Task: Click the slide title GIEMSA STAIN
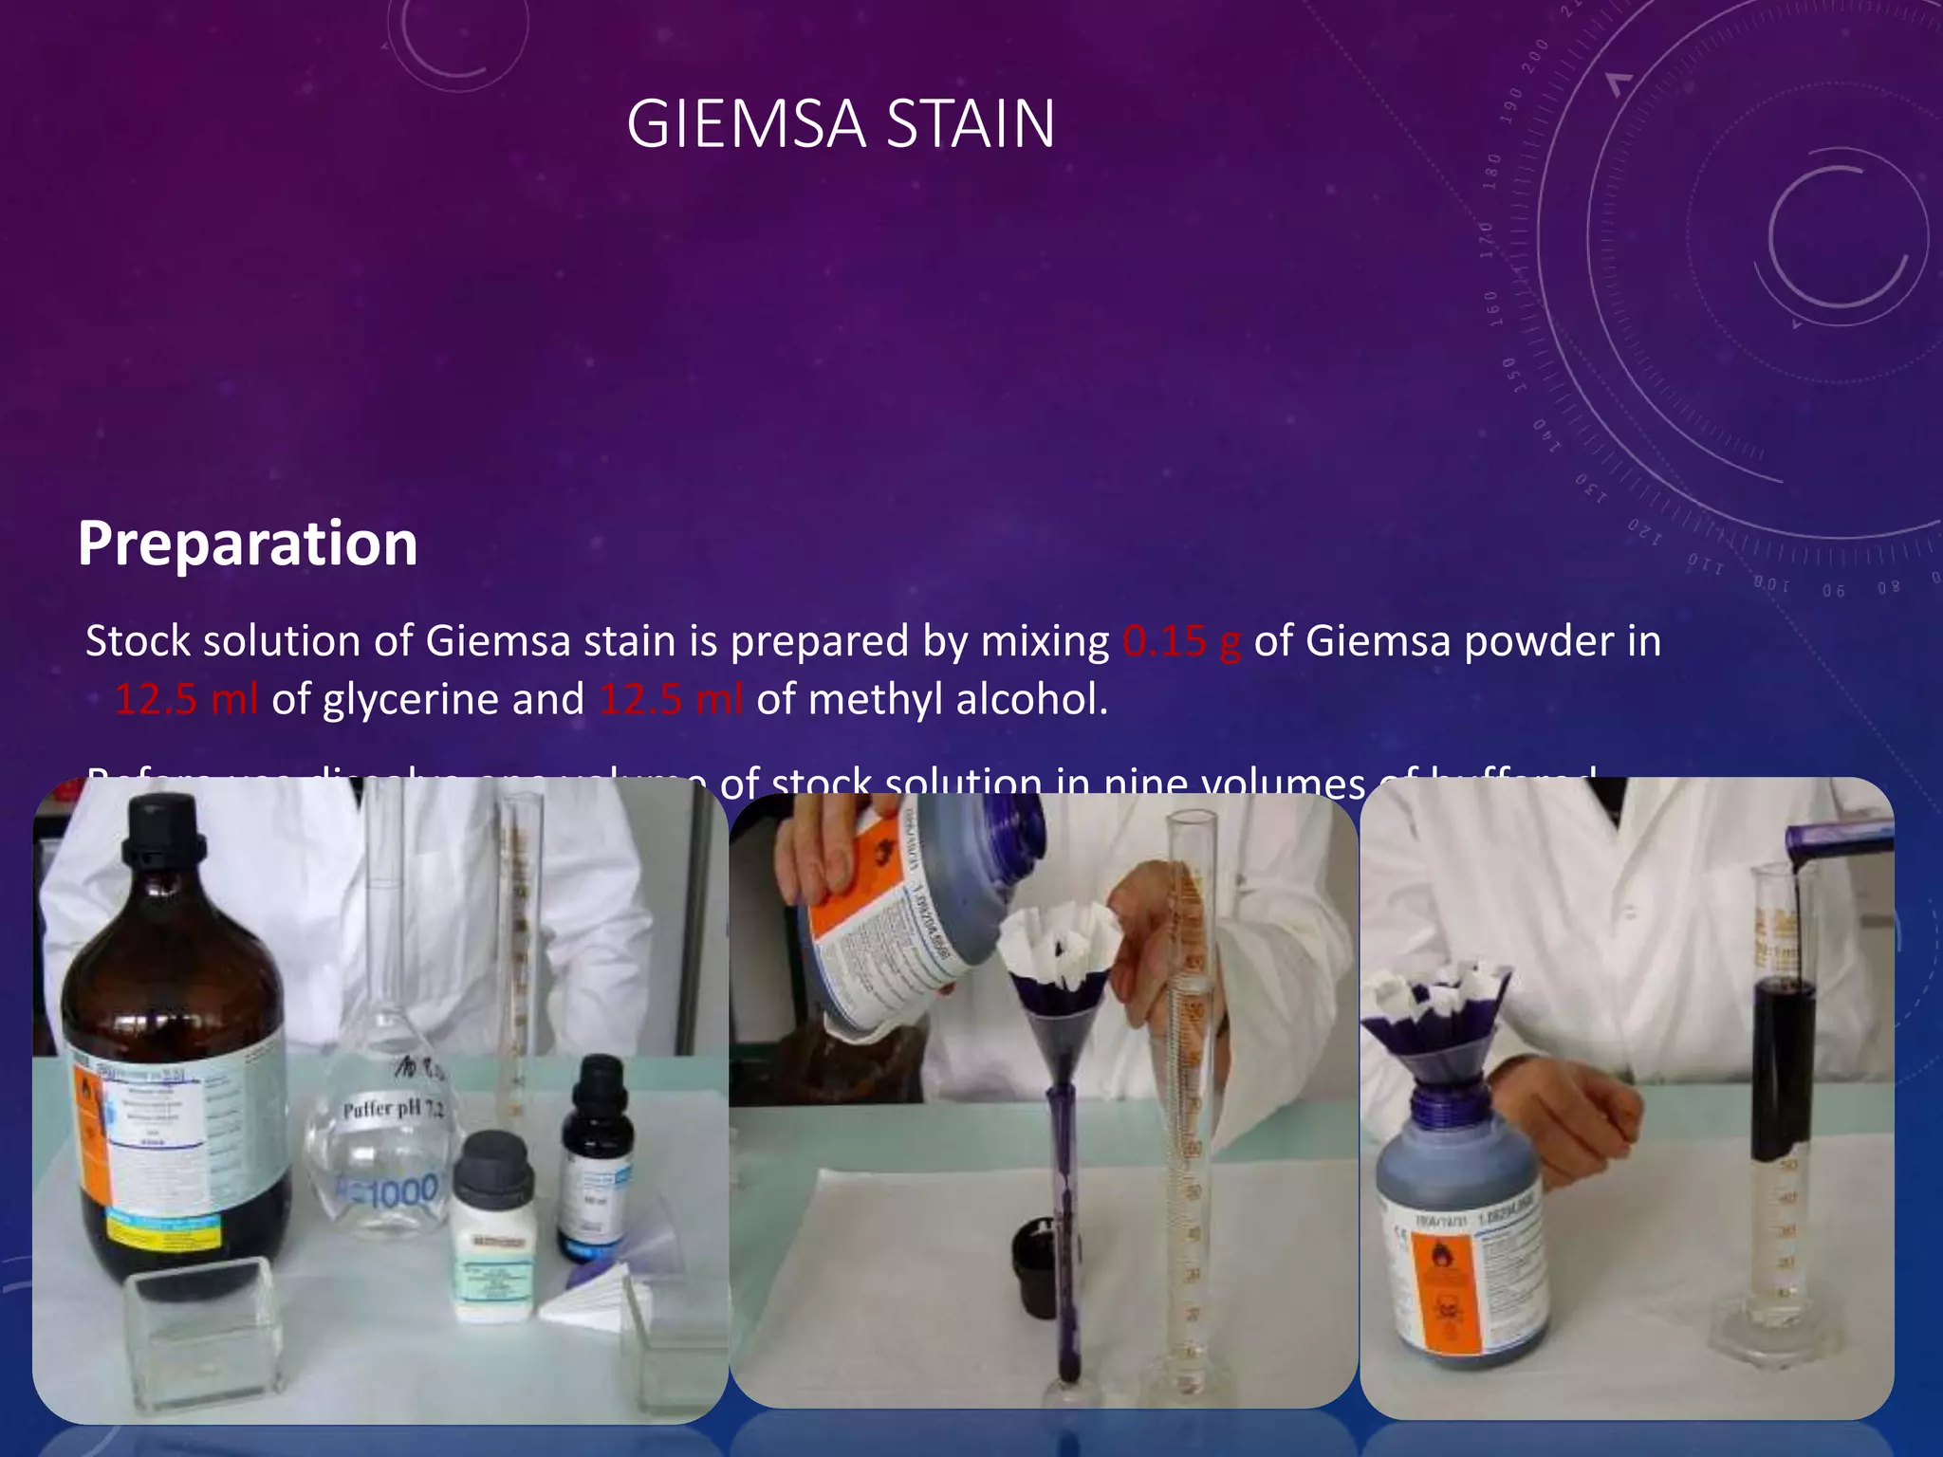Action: [x=841, y=124]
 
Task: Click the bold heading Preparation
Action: [x=248, y=544]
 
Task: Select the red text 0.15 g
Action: [x=1181, y=641]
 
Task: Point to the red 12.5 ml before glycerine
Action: [x=186, y=700]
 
